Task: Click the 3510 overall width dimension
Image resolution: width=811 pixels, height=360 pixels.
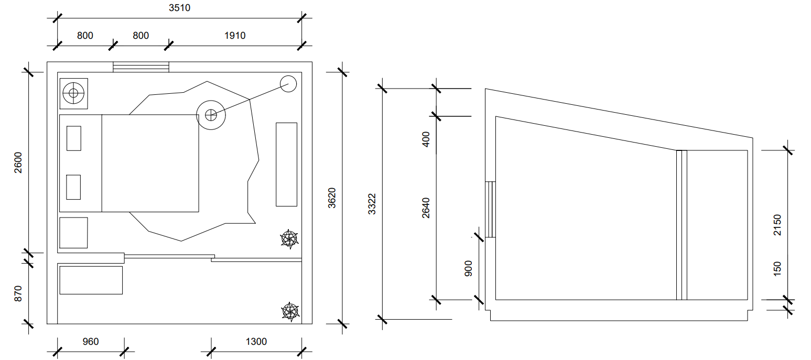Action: [x=180, y=7]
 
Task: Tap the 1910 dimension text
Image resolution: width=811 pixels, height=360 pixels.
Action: [x=235, y=36]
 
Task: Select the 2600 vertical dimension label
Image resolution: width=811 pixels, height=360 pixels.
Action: [x=18, y=162]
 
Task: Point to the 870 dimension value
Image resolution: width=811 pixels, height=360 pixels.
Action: [x=18, y=293]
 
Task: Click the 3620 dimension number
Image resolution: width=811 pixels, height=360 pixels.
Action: [x=332, y=198]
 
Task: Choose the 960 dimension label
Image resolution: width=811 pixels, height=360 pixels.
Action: [x=91, y=342]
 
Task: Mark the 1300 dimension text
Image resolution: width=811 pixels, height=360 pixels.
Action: [x=256, y=342]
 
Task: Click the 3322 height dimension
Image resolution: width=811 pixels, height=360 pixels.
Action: [x=372, y=204]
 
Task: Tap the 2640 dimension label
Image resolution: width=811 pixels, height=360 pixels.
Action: [x=426, y=208]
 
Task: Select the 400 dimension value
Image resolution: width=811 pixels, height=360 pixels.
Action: [x=426, y=139]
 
